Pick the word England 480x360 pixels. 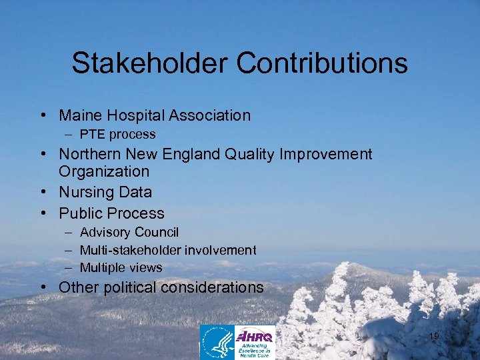point(189,155)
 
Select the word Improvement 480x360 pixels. point(327,155)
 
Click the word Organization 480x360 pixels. point(104,171)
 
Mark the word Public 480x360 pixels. point(79,214)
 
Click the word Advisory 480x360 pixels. point(105,233)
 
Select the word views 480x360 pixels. point(147,267)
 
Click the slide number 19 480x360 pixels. point(434,337)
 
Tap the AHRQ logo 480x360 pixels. point(255,341)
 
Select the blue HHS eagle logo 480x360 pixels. point(217,342)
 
